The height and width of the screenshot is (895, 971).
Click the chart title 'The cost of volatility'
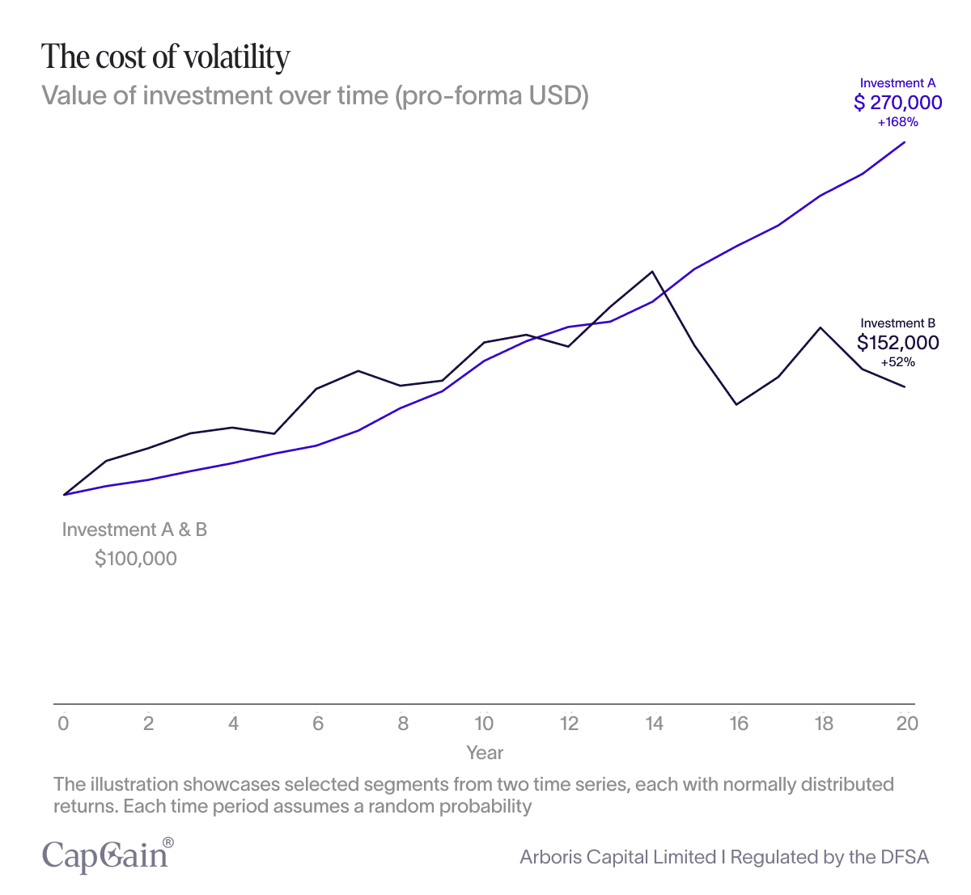coord(166,57)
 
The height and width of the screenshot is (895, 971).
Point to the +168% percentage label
coord(898,123)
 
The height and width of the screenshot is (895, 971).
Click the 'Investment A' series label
coord(898,83)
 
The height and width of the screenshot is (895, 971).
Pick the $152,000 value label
coord(898,343)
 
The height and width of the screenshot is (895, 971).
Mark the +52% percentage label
coord(898,362)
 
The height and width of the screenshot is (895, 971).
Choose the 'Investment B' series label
coord(898,323)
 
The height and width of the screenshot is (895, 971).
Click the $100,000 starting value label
coord(136,559)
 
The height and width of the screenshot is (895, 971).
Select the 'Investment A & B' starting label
coord(135,530)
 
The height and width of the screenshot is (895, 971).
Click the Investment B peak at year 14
coord(652,272)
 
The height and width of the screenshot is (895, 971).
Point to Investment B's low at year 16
coord(736,403)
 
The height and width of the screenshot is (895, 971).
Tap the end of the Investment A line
coord(905,142)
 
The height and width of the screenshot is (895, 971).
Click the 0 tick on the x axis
coord(63,724)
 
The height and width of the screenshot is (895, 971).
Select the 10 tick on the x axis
coord(484,724)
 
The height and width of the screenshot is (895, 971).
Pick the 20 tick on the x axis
coord(907,724)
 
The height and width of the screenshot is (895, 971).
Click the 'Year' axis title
coord(485,753)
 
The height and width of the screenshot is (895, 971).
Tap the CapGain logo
coord(108,855)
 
